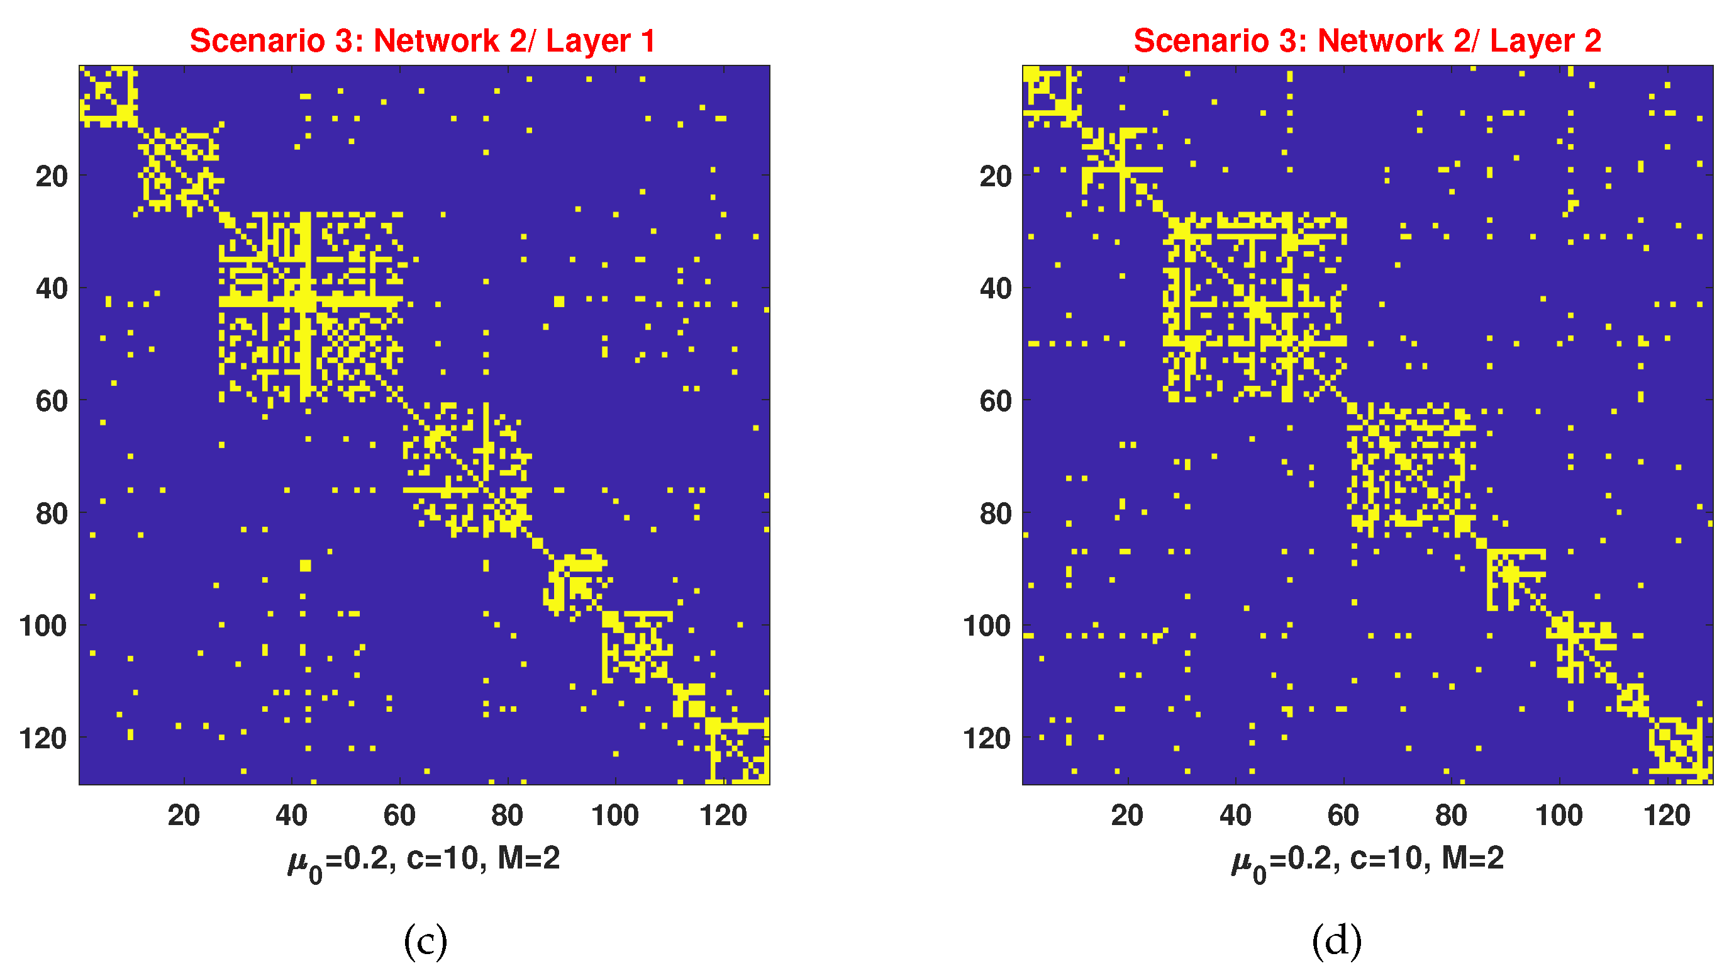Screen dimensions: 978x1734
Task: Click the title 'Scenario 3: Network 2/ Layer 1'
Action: pyautogui.click(x=422, y=40)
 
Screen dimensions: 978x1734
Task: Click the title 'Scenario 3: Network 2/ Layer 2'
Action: pyautogui.click(x=1367, y=40)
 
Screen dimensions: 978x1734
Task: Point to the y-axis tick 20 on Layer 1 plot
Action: pyautogui.click(x=52, y=176)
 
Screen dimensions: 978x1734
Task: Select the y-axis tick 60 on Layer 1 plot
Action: pyautogui.click(x=52, y=402)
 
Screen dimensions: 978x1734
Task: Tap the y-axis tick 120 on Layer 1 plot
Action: pyautogui.click(x=44, y=739)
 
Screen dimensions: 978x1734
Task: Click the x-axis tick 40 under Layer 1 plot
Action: pyautogui.click(x=291, y=816)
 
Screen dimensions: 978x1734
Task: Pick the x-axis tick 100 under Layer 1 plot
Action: pyautogui.click(x=614, y=816)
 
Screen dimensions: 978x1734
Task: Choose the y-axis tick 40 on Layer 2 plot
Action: pyautogui.click(x=996, y=289)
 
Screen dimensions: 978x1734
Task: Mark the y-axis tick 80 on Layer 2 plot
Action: pyautogui.click(x=996, y=514)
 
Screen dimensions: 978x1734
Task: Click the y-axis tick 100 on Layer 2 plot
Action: pyautogui.click(x=987, y=626)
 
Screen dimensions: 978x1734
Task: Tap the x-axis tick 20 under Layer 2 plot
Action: pyautogui.click(x=1128, y=816)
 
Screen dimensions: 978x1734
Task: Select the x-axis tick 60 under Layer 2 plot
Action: pyautogui.click(x=1343, y=816)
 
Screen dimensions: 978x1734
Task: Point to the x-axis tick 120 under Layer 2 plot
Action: pyautogui.click(x=1667, y=816)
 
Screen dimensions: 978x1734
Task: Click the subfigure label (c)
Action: pyautogui.click(x=425, y=941)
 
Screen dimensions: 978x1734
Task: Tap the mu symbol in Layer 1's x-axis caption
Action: pyautogui.click(x=297, y=862)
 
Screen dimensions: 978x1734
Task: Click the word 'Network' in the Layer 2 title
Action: pyautogui.click(x=1380, y=40)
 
